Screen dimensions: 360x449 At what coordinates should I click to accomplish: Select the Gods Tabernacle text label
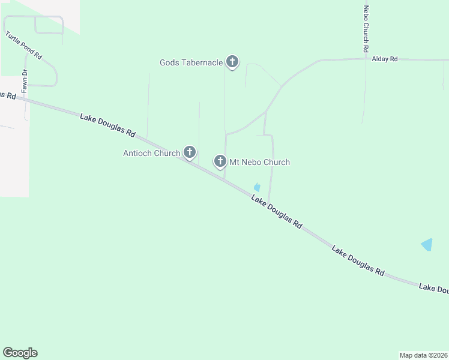coord(191,62)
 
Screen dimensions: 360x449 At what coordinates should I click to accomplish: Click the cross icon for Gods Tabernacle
coord(232,61)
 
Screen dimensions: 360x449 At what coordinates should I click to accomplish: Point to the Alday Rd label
coord(385,59)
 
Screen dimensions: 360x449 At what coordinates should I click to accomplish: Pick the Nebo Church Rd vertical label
coord(366,29)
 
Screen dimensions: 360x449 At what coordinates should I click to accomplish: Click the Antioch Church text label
coord(151,153)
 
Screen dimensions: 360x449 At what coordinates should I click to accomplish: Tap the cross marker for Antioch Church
coord(190,152)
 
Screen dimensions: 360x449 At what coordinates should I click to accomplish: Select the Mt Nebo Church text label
coord(260,162)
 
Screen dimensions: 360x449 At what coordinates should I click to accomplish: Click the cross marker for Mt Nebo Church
coord(220,161)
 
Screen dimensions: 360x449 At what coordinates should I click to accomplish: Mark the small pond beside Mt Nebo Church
coord(257,188)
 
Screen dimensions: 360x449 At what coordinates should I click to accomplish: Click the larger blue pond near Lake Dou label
coord(427,245)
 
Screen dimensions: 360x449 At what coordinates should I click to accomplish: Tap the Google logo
coord(20,353)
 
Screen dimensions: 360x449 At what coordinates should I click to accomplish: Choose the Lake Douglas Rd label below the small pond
coord(276,212)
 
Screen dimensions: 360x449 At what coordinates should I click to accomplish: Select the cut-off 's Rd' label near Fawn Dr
coord(6,95)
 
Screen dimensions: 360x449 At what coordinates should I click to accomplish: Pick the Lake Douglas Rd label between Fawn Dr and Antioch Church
coord(108,124)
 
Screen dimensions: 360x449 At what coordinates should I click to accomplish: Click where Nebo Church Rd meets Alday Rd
coord(365,59)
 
